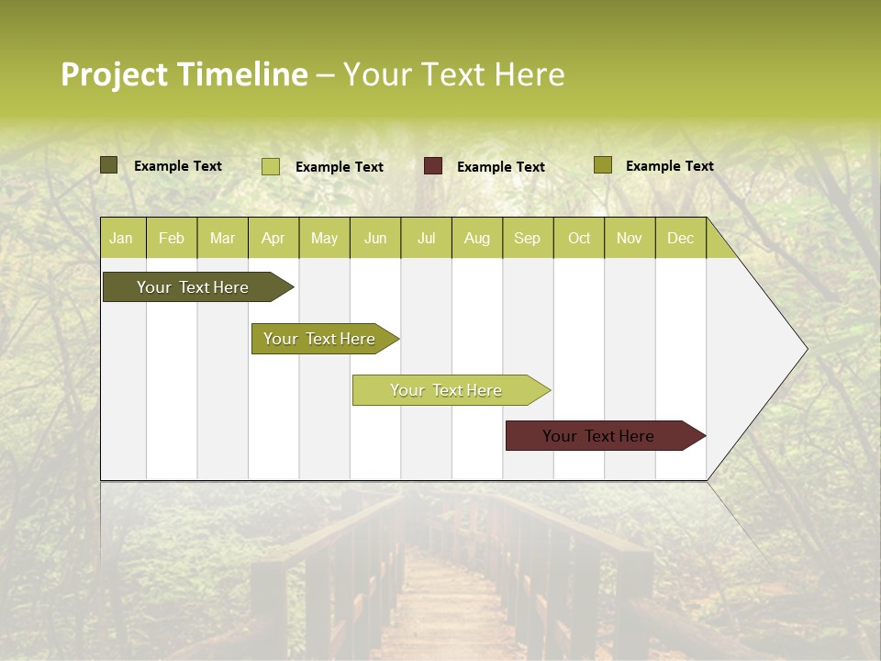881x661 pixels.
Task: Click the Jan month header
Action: (121, 238)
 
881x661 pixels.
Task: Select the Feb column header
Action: (172, 238)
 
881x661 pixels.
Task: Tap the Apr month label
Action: (273, 238)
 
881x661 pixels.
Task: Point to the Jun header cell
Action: (375, 238)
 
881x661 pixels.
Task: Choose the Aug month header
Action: (476, 238)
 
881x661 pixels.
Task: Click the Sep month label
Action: (527, 238)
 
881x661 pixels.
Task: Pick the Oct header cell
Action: (579, 238)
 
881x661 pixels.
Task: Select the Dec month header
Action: (680, 238)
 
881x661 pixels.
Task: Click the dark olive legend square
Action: (109, 165)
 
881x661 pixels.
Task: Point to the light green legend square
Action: (271, 166)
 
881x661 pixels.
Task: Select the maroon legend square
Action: (433, 166)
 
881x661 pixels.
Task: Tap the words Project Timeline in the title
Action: (184, 74)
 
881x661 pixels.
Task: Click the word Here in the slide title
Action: (530, 74)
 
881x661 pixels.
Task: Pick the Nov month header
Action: (630, 238)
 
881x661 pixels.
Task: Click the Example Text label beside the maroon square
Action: (500, 167)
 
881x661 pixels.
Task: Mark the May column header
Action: (324, 238)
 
